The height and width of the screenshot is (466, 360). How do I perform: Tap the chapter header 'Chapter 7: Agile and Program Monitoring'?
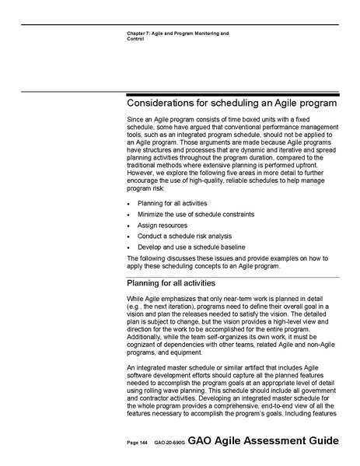pos(172,33)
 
